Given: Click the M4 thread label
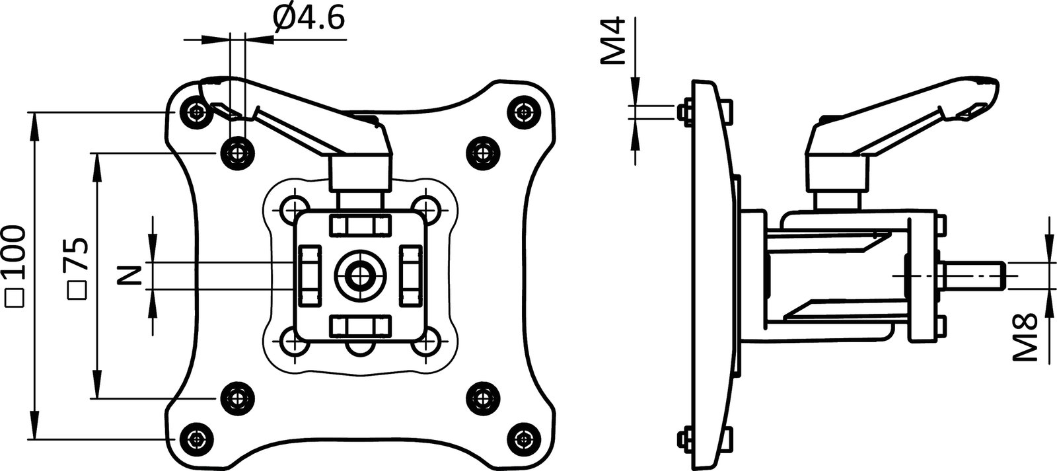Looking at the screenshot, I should click(612, 42).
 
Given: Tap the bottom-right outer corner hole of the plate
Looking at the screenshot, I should click(525, 438).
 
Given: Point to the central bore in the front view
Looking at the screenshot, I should click(359, 273).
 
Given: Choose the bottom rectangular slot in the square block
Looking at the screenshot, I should click(359, 326).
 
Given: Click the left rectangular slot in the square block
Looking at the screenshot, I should click(310, 273).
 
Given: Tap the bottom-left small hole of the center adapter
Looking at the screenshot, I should click(291, 342).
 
